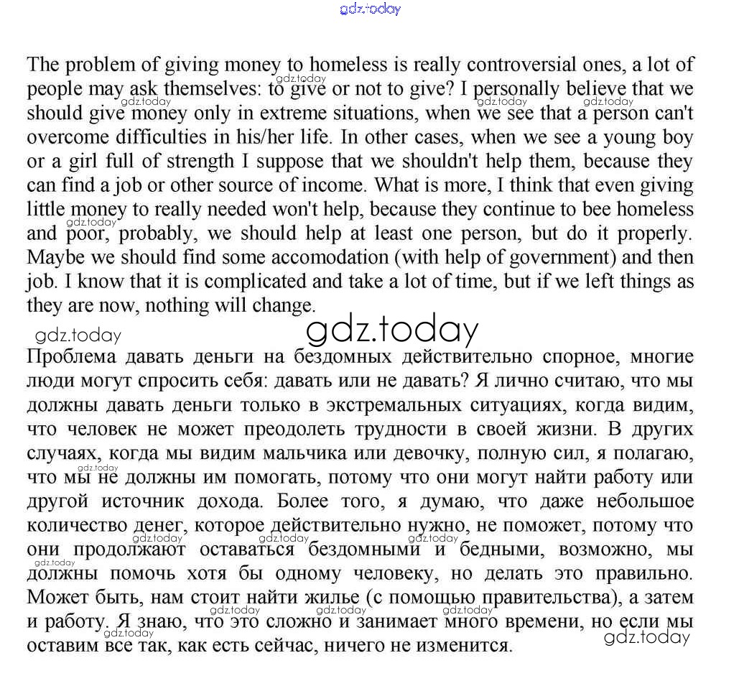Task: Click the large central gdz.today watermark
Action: click(392, 330)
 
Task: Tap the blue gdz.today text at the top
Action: click(369, 9)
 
